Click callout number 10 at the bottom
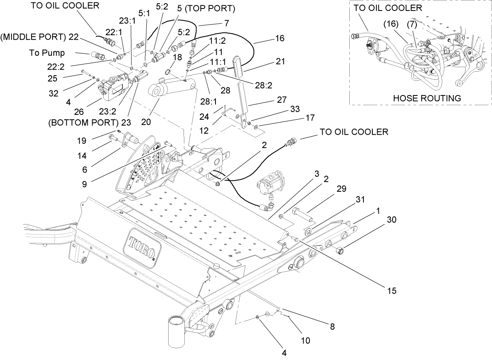pyautogui.click(x=306, y=340)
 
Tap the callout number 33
pyautogui.click(x=295, y=109)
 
